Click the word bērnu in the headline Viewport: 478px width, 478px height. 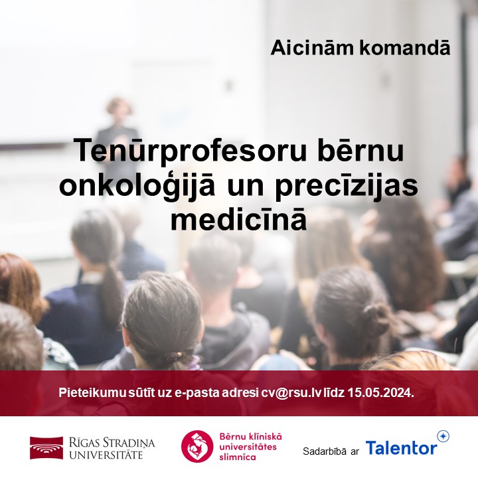pos(368,151)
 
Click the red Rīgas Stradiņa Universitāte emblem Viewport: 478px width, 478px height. pos(45,447)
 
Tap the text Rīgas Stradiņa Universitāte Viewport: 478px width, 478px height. pos(106,447)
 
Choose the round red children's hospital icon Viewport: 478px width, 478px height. pos(197,446)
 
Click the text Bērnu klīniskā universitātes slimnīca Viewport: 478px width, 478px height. pos(250,446)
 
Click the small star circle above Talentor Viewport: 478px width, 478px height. pos(443,436)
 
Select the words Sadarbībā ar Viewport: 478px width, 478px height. pos(331,451)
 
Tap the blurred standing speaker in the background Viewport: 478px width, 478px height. pos(118,126)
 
